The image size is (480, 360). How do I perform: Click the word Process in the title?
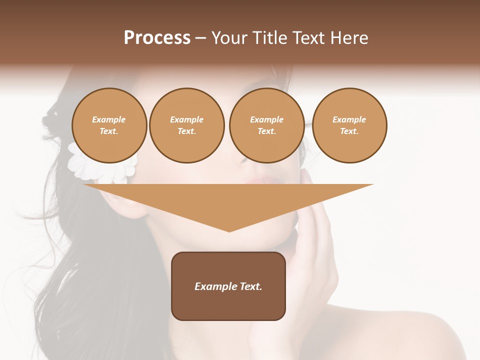click(x=157, y=38)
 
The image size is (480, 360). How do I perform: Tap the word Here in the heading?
click(x=349, y=38)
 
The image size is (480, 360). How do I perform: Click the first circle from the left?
click(x=109, y=125)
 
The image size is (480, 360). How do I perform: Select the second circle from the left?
click(x=187, y=125)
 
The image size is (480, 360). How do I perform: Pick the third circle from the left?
click(x=266, y=125)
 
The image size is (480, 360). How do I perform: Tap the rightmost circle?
click(x=349, y=125)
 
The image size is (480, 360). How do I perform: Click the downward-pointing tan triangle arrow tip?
click(x=229, y=227)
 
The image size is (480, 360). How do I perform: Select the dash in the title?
click(x=200, y=38)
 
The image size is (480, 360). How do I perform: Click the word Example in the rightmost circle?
click(x=349, y=119)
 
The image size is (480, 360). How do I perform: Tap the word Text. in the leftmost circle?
click(x=109, y=131)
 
